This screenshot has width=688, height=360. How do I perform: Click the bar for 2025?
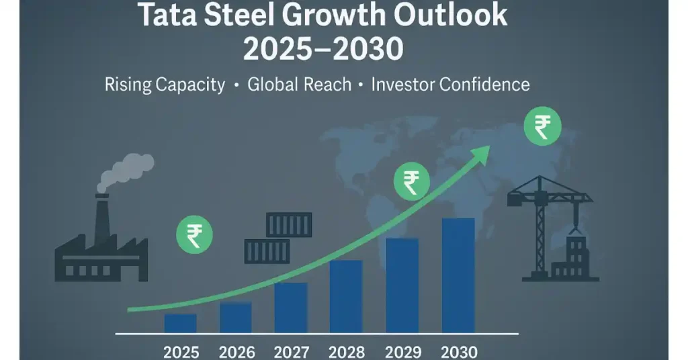pyautogui.click(x=181, y=323)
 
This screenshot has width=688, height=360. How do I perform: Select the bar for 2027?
pyautogui.click(x=291, y=308)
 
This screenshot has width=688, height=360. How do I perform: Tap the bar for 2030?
pyautogui.click(x=458, y=275)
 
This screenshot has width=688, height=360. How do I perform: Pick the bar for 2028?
pyautogui.click(x=346, y=296)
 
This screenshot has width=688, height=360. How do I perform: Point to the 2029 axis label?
pyautogui.click(x=402, y=352)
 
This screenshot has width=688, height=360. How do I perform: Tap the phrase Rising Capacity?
pyautogui.click(x=165, y=85)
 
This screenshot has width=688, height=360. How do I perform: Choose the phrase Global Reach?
pyautogui.click(x=299, y=85)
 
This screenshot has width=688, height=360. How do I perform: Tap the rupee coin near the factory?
pyautogui.click(x=194, y=235)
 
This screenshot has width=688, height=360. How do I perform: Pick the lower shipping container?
pyautogui.click(x=267, y=251)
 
